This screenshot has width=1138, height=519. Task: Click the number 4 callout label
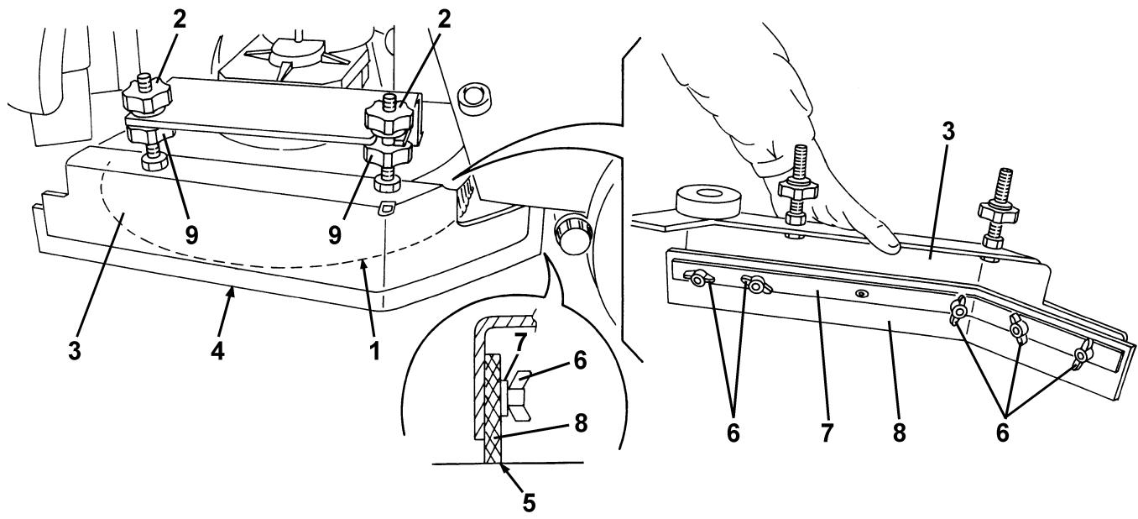click(x=217, y=351)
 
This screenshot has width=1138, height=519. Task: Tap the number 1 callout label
click(x=375, y=351)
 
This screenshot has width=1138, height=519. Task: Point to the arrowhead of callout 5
click(x=503, y=465)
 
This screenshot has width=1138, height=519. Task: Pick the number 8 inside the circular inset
click(x=580, y=423)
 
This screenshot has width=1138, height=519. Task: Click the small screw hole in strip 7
click(x=860, y=293)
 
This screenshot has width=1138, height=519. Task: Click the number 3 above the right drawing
click(x=948, y=132)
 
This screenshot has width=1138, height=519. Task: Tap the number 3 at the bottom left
click(x=75, y=351)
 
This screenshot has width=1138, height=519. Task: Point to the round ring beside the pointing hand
click(x=707, y=202)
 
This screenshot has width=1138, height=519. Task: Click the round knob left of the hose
click(x=575, y=233)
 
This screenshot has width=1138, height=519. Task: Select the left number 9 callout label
click(x=191, y=234)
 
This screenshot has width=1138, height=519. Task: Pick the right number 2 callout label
click(x=444, y=20)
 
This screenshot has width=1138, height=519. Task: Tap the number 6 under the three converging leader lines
click(x=1002, y=433)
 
